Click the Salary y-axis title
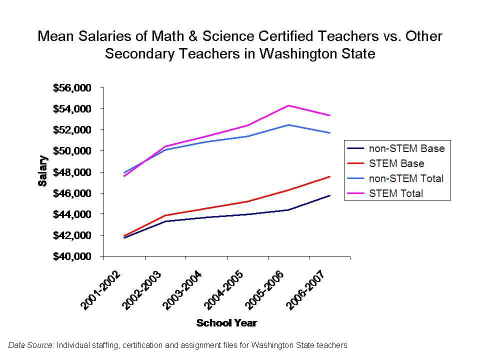pyautogui.click(x=43, y=171)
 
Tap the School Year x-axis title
pyautogui.click(x=226, y=323)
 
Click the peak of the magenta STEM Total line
pyautogui.click(x=288, y=105)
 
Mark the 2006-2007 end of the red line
pyautogui.click(x=330, y=176)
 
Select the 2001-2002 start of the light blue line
pyautogui.click(x=124, y=172)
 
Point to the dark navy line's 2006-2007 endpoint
pyautogui.click(x=330, y=195)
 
